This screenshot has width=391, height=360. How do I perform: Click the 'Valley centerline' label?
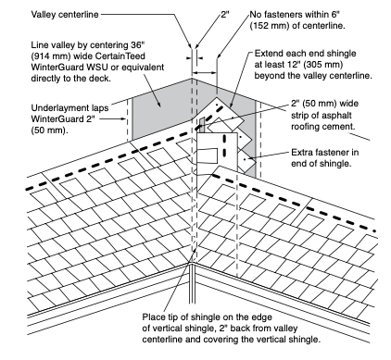(x=65, y=15)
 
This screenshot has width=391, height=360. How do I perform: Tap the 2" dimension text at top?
(x=225, y=15)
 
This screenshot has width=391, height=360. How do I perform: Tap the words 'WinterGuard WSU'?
(x=69, y=68)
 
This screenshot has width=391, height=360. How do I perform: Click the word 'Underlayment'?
(x=57, y=108)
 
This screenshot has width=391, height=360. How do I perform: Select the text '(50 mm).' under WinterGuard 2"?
(x=49, y=130)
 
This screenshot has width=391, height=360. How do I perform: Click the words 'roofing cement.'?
(x=322, y=126)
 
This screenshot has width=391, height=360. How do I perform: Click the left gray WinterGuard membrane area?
(x=160, y=114)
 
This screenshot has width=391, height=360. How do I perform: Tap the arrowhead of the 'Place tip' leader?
(x=195, y=250)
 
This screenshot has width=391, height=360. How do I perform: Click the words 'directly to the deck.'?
(x=70, y=79)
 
